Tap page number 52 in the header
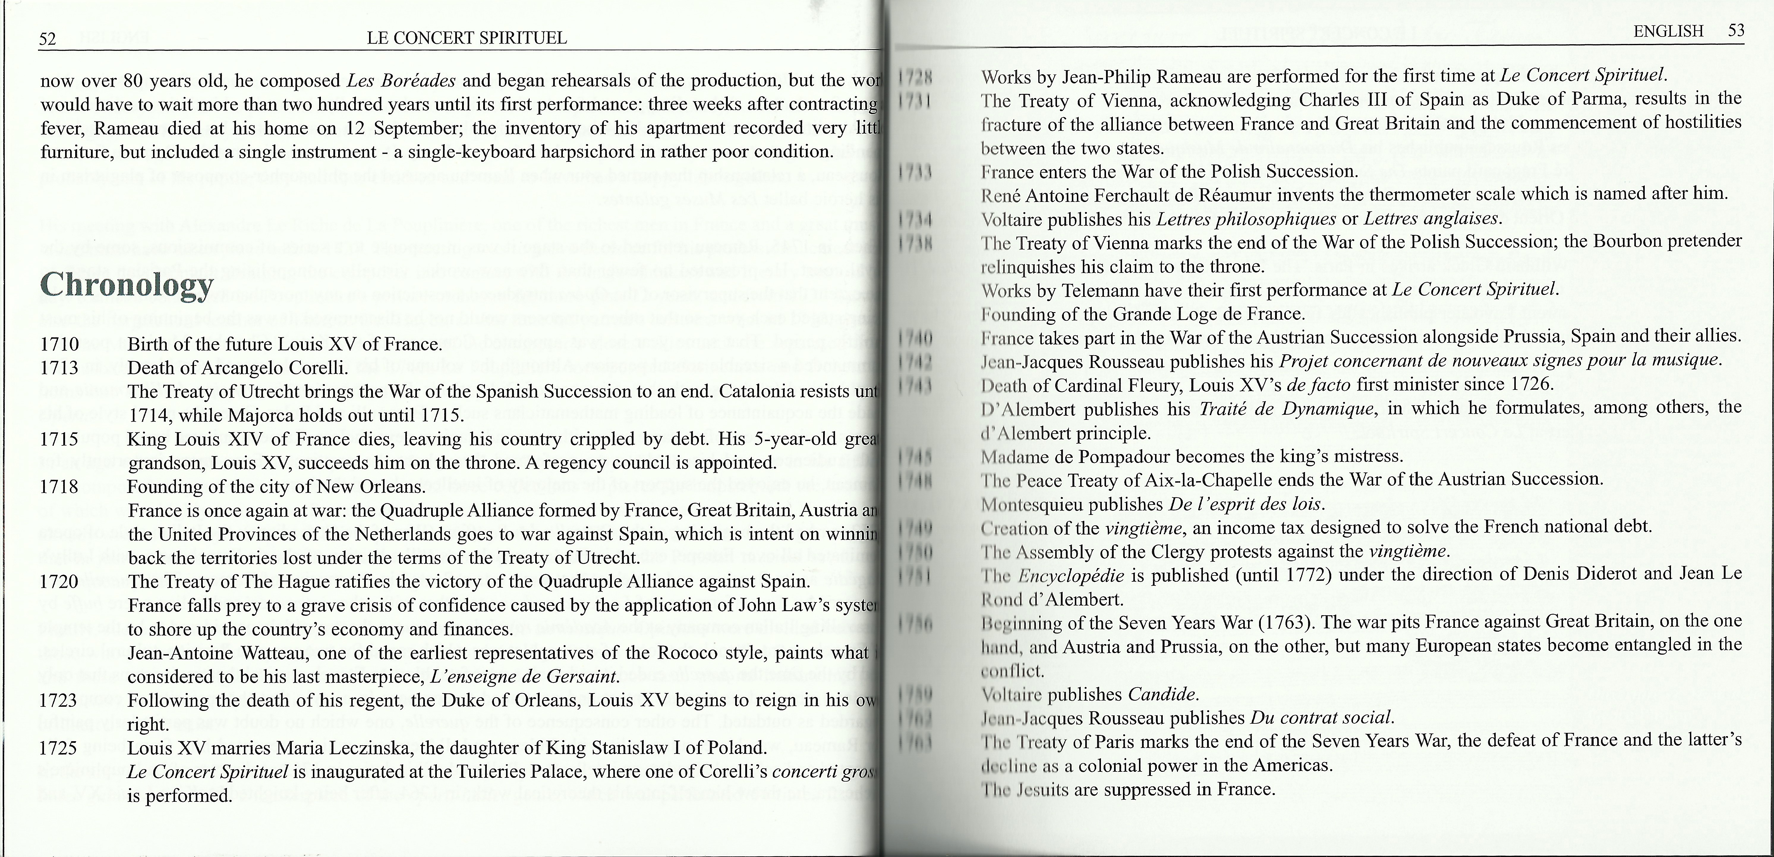[48, 39]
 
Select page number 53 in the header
[1735, 31]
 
